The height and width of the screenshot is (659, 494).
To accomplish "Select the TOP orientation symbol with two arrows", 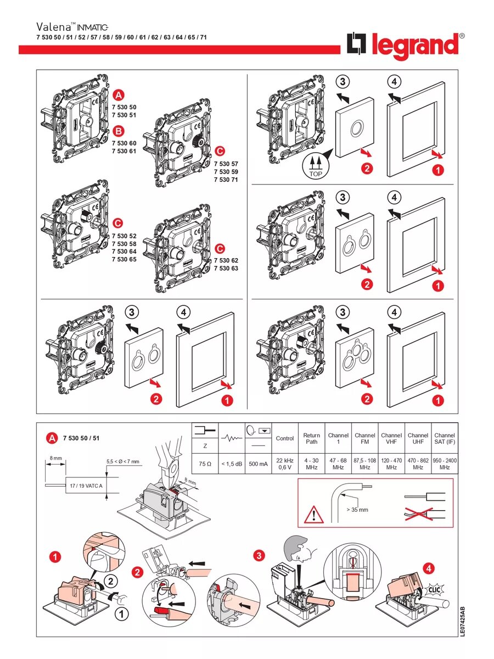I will (316, 165).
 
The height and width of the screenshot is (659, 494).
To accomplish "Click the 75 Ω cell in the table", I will (205, 464).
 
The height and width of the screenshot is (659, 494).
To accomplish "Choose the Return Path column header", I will (311, 439).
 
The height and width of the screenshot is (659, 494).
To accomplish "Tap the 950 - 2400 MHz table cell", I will (445, 464).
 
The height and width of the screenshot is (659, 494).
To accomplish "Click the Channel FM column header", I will (364, 439).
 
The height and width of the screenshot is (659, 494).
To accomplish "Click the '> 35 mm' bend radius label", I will (357, 510).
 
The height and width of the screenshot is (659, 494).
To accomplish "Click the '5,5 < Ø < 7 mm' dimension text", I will (123, 461).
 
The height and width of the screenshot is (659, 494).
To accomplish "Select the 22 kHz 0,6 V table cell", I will (285, 464).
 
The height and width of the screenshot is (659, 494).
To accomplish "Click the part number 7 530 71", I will (226, 180).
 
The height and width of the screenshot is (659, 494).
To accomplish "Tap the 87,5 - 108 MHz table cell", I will (364, 464).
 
